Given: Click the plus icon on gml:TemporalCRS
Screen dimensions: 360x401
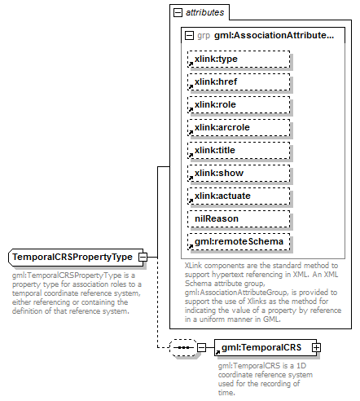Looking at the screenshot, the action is (x=317, y=348).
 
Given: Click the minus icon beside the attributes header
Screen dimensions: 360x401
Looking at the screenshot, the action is (x=177, y=13).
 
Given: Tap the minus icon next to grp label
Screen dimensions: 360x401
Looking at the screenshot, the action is (x=190, y=37).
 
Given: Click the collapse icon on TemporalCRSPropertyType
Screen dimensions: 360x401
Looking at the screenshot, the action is (x=143, y=258).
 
